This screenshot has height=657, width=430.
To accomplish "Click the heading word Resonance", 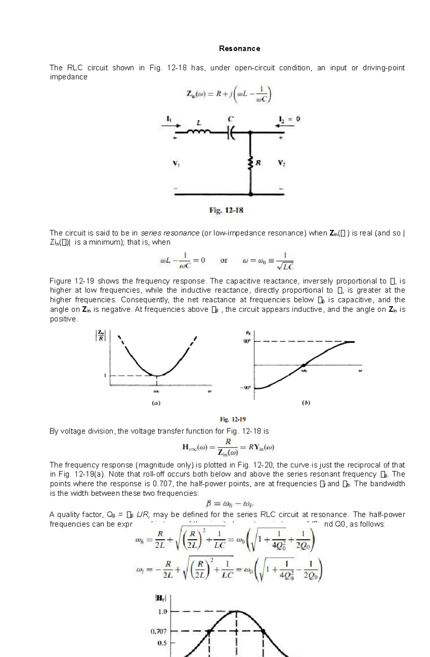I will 239,49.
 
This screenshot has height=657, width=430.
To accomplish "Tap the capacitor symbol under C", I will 231,132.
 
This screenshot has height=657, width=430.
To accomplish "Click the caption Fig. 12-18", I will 226,211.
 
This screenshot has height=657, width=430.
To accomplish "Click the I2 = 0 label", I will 289,119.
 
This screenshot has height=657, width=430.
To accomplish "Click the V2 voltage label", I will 281,163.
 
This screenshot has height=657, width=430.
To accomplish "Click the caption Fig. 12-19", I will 233,419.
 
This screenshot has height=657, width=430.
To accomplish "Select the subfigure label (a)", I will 156,403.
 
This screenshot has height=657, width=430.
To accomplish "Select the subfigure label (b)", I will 306,403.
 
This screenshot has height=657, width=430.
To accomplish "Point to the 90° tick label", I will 247,342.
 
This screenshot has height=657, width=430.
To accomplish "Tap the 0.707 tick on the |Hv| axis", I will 158,631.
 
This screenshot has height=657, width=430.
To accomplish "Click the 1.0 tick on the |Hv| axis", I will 162,612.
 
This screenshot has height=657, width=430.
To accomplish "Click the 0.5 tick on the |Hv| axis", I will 162,643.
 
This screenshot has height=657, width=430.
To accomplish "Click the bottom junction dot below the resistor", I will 250,194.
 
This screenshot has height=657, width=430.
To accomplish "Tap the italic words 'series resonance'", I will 170,233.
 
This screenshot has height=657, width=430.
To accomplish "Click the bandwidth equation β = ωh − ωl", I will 230,504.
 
